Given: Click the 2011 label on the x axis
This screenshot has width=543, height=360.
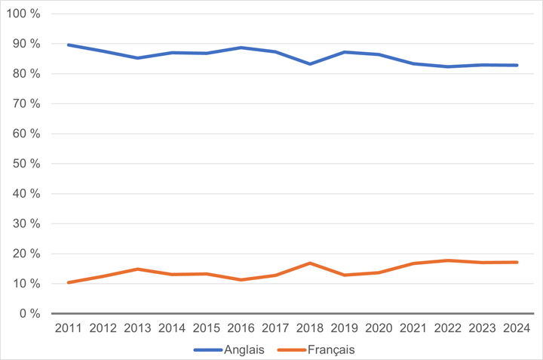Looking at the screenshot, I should coord(68,328).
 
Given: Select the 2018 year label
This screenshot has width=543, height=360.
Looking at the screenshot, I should coord(311,328).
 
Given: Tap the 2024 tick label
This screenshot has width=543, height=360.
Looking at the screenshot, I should coord(517,328).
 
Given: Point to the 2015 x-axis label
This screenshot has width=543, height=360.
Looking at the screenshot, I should coord(207,328).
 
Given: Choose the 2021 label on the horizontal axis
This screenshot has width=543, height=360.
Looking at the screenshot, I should coord(413,328).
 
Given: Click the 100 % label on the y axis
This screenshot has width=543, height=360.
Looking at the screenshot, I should coord(25,14).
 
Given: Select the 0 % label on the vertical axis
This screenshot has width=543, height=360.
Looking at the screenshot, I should coord(30,313).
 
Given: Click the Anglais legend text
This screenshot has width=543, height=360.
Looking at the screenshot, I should coord(244,349).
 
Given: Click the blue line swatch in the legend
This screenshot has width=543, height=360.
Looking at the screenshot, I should coord(208,349).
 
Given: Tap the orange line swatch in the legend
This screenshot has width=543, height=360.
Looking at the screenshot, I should coord(291,349).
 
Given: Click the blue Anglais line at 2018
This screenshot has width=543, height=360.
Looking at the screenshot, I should coord(311,64).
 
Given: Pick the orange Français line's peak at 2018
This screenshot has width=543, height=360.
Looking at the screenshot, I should coord(311,263).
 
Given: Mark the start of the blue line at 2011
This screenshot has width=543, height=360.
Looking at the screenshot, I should coord(68,45).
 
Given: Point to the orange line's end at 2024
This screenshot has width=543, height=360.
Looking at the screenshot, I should coord(517,262).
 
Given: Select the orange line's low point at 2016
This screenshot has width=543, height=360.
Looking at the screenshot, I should coord(241,280).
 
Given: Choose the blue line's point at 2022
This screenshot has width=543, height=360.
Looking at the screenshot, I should coord(448,66).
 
